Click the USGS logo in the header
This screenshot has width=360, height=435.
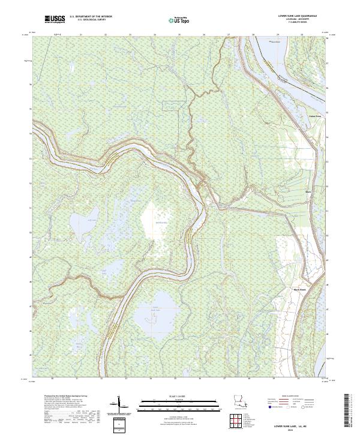click(x=55, y=20)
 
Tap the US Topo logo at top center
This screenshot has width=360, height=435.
click(x=178, y=20)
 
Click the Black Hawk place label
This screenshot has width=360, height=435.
click(x=299, y=289)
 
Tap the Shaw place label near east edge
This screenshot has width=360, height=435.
click(x=308, y=193)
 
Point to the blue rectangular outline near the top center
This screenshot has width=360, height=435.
click(x=171, y=106)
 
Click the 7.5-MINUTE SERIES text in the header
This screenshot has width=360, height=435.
click(x=298, y=25)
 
